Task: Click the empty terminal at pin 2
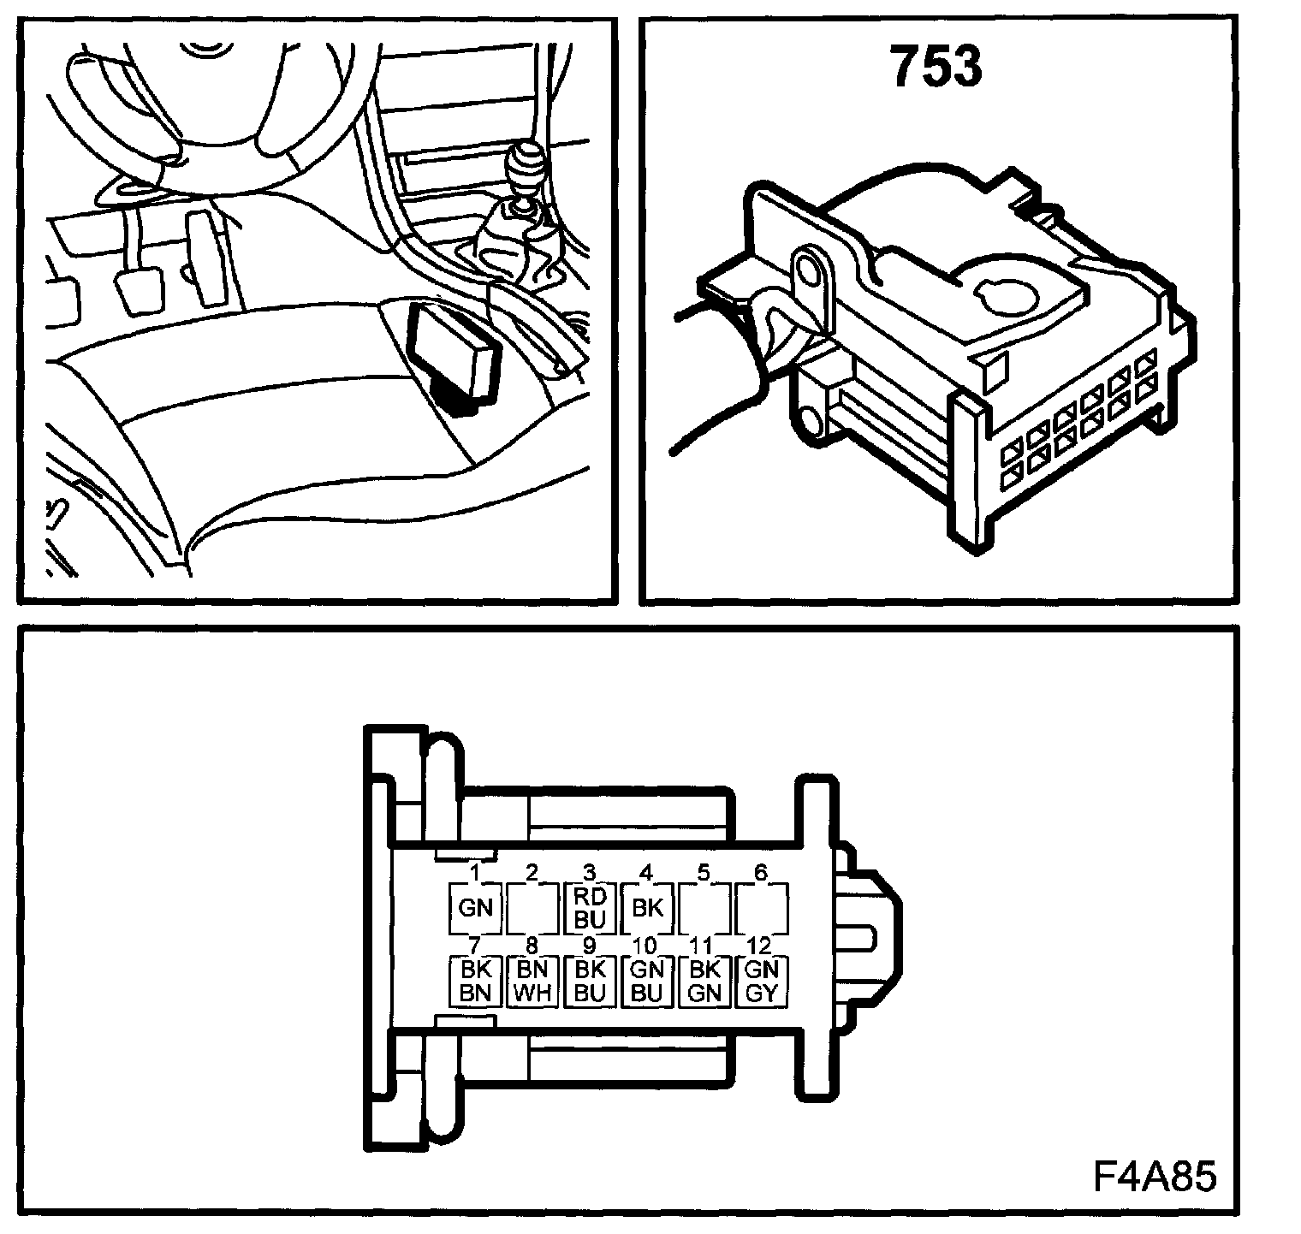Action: point(532,907)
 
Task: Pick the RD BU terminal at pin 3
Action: point(589,907)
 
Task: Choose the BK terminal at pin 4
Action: point(646,907)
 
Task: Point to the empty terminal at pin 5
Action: point(704,907)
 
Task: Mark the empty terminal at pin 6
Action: point(761,907)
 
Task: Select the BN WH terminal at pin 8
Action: point(532,982)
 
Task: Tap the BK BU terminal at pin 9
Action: point(589,982)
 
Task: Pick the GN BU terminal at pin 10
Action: point(646,982)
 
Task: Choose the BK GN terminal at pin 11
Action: point(704,982)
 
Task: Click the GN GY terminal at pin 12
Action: point(761,982)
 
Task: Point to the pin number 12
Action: point(758,946)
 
